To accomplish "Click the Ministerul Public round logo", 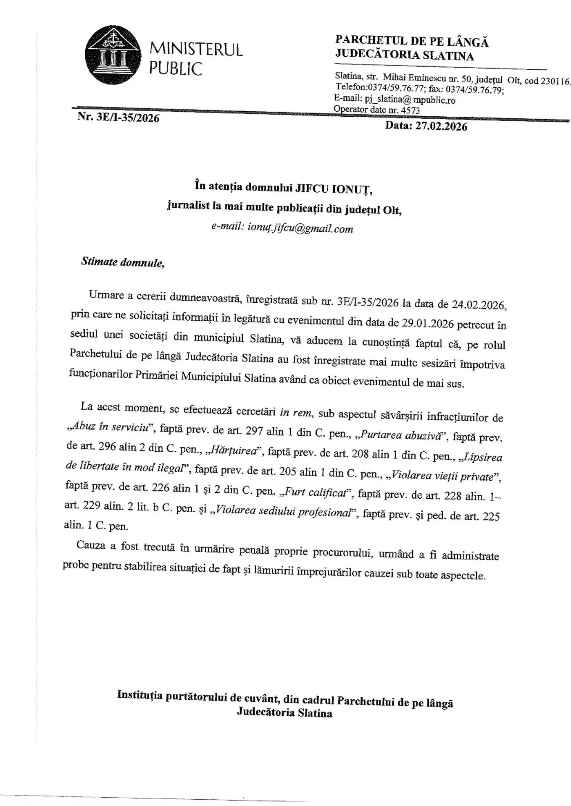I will (113, 55).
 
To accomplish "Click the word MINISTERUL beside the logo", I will (196, 50).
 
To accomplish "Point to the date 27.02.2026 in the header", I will (441, 126).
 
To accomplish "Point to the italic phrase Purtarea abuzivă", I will (401, 435).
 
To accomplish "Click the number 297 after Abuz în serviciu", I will (252, 432).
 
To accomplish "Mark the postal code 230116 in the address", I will (555, 81).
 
